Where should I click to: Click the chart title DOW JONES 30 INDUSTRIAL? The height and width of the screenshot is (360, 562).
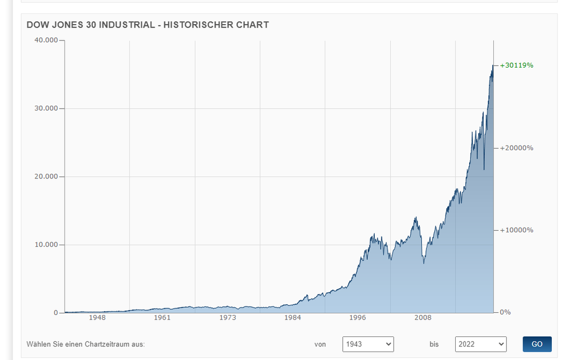[x=147, y=25]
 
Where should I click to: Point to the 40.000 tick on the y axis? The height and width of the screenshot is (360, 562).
[x=47, y=40]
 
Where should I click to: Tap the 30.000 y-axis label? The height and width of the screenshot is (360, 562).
[x=47, y=109]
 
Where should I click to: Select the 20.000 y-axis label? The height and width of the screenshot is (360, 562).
[x=47, y=177]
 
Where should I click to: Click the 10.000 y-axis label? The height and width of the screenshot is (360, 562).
[x=47, y=245]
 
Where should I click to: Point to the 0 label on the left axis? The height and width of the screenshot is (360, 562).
[x=56, y=313]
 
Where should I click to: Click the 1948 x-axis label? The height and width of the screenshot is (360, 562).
[x=97, y=318]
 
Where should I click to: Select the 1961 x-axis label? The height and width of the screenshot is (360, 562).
[x=162, y=318]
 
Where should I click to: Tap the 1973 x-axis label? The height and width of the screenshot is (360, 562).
[x=227, y=318]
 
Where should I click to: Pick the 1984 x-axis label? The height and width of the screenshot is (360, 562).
[x=293, y=318]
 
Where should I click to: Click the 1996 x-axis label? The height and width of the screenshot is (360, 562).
[x=358, y=318]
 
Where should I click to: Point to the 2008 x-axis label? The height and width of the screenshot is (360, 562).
[x=423, y=318]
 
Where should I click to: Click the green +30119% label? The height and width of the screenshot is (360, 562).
[x=516, y=65]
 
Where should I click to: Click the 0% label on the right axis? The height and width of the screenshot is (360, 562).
[x=505, y=312]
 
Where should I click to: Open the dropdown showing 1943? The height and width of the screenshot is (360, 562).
[x=368, y=344]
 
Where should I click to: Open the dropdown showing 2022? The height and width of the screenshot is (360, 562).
[x=480, y=344]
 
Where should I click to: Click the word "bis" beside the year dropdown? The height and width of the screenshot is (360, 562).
[x=434, y=344]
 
